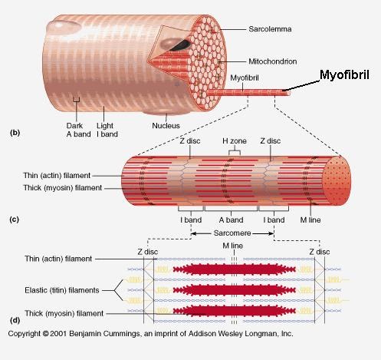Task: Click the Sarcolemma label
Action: click(x=270, y=29)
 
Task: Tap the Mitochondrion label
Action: click(x=273, y=61)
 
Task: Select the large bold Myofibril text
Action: click(x=344, y=75)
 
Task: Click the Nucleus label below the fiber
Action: click(x=166, y=126)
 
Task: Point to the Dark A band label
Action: click(x=78, y=130)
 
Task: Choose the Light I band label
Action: click(x=107, y=130)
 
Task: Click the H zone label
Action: click(x=235, y=141)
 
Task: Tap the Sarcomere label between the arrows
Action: click(x=232, y=233)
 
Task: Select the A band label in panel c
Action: click(x=231, y=220)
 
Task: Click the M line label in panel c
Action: click(x=310, y=220)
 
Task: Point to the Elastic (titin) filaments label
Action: click(x=62, y=290)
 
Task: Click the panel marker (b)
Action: click(x=15, y=133)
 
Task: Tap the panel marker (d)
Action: click(x=15, y=320)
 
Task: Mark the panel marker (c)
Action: click(x=15, y=220)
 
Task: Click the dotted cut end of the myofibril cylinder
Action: click(x=337, y=180)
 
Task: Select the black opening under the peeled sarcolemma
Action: click(x=181, y=45)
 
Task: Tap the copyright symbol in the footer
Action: click(x=45, y=334)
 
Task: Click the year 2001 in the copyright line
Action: click(x=58, y=334)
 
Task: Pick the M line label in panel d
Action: click(x=232, y=246)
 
